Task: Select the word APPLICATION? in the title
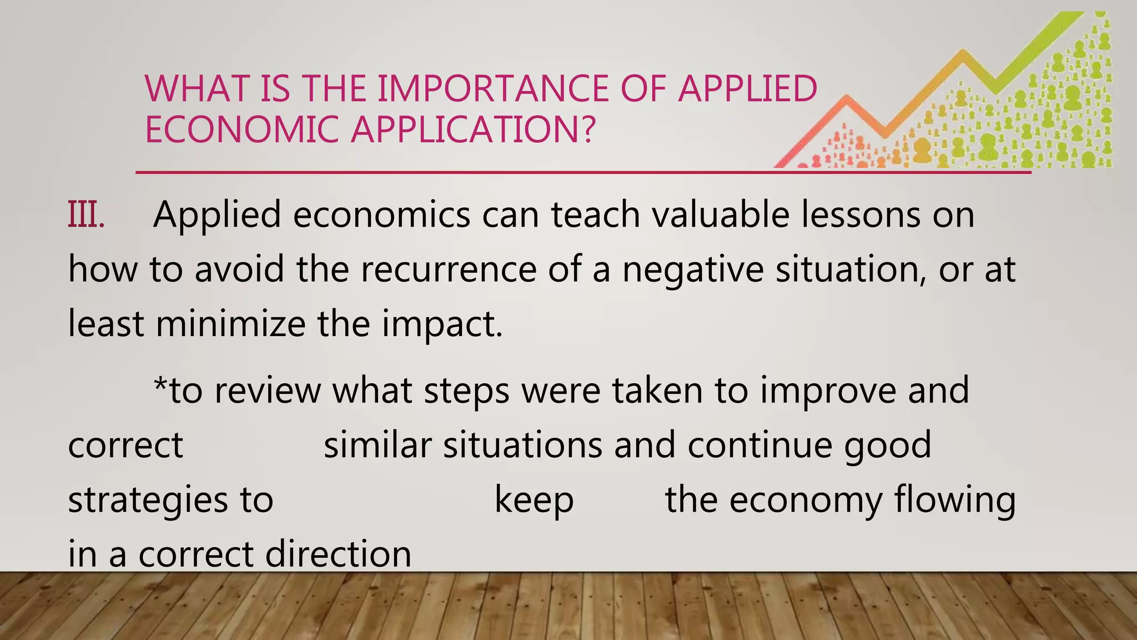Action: [x=472, y=129]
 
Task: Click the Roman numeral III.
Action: [x=86, y=214]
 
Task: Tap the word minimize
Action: [x=230, y=323]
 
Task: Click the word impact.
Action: [x=442, y=324]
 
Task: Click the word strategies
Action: [x=148, y=500]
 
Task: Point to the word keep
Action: [x=534, y=500]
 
